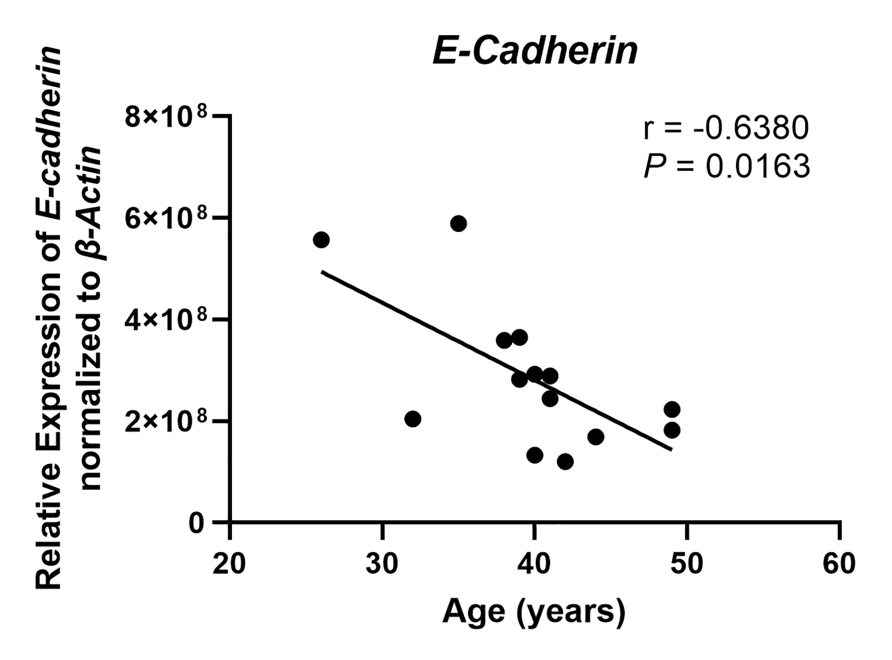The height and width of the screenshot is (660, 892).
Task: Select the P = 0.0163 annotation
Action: click(x=727, y=166)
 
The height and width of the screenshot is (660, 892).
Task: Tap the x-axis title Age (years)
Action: click(x=534, y=612)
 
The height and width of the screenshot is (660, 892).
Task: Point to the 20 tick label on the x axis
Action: click(x=229, y=564)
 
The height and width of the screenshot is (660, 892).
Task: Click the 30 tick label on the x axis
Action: click(x=382, y=564)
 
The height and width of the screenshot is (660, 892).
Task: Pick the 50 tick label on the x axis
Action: click(x=686, y=564)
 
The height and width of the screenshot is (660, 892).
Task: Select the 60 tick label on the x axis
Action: click(x=839, y=564)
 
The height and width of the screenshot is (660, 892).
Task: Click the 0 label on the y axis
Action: click(x=197, y=523)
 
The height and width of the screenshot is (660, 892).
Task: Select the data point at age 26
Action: click(x=321, y=240)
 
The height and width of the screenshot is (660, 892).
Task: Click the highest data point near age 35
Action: click(x=458, y=223)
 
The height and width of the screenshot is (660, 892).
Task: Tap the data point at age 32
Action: click(x=413, y=419)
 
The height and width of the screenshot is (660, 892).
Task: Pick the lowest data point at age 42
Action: click(x=565, y=461)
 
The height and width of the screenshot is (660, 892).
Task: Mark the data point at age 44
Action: click(x=596, y=437)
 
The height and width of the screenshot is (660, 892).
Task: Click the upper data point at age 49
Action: click(x=672, y=409)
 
